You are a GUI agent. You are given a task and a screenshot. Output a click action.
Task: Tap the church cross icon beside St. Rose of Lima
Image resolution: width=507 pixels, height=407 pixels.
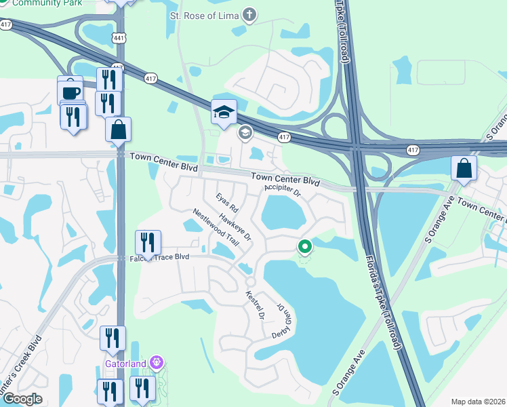(x=250, y=14)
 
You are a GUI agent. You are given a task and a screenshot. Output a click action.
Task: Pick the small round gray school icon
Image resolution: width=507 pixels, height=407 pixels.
(x=244, y=133)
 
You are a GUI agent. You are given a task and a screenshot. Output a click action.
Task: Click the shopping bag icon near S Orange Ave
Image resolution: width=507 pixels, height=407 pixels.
(x=464, y=169)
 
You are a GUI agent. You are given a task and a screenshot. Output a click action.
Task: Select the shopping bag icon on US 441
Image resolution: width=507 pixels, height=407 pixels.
(x=118, y=129)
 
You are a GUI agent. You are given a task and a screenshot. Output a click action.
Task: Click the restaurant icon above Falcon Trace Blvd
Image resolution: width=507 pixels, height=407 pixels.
(x=147, y=242)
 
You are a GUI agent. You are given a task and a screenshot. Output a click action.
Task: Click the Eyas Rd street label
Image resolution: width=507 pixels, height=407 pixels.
(x=227, y=202)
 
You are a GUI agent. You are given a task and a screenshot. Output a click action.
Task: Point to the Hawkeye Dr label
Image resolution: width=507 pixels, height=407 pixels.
(x=235, y=228)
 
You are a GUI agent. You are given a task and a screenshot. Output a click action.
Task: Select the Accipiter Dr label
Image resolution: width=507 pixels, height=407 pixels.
(x=283, y=190)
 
